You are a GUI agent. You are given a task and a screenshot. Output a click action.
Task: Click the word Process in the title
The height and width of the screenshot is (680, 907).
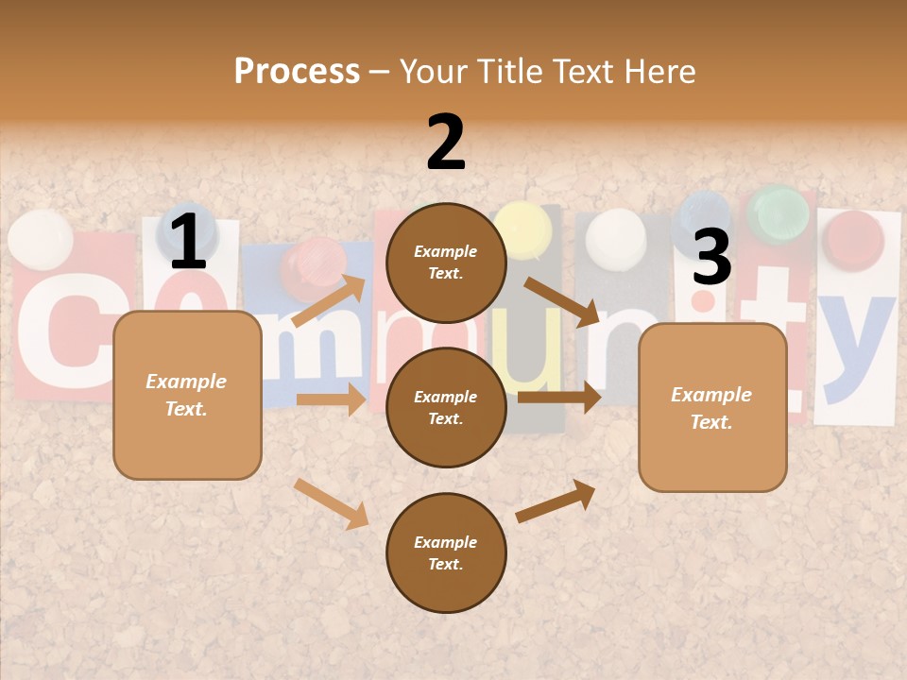click(297, 72)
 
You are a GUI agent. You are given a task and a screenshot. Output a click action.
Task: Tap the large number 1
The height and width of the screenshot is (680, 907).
click(188, 242)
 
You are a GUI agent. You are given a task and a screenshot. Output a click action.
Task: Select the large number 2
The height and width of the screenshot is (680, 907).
click(446, 143)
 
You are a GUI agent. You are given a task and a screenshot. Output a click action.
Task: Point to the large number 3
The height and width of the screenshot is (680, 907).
click(711, 257)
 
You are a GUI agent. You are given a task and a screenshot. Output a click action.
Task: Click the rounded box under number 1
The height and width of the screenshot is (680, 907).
click(187, 395)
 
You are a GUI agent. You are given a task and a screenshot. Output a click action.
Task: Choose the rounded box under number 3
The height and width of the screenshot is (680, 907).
click(712, 407)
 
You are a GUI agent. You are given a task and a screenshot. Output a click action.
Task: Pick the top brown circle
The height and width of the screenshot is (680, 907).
click(446, 263)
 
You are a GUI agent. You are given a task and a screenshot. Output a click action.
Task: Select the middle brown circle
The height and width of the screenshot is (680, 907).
click(446, 407)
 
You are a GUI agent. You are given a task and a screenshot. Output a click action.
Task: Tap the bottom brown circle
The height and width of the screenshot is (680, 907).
click(446, 552)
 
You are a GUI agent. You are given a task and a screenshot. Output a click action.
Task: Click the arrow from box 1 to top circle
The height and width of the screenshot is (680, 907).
click(329, 300)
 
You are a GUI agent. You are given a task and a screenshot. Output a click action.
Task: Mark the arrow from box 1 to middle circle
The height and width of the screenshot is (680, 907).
click(331, 399)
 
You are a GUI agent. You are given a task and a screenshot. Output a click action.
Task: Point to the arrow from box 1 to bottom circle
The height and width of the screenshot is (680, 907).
click(331, 502)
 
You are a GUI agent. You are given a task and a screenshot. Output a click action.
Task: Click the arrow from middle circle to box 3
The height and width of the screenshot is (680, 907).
click(559, 397)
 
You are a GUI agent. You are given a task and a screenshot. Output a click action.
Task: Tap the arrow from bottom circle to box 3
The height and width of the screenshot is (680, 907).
click(556, 501)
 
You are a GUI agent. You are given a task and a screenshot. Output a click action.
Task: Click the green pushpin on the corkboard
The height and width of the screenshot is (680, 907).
click(779, 213)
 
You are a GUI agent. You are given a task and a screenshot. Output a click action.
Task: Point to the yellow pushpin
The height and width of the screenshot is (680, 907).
click(522, 227)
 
